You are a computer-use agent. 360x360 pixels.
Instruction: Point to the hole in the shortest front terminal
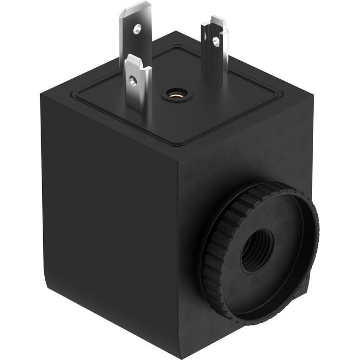[x=134, y=80]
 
